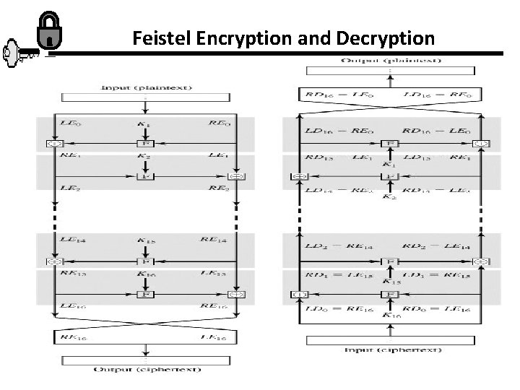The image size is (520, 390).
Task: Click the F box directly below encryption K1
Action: [145, 143]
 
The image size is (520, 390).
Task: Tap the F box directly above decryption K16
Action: [391, 294]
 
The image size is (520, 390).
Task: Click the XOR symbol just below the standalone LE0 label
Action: [52, 143]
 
